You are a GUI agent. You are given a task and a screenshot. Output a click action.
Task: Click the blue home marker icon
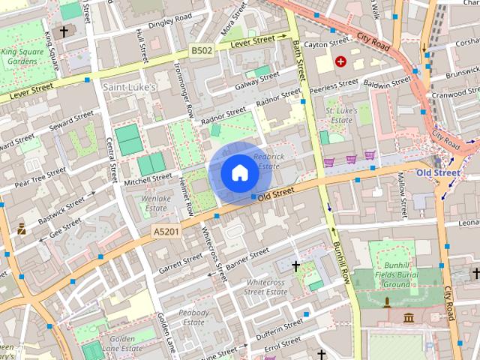239,172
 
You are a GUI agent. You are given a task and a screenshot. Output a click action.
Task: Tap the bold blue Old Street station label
438,173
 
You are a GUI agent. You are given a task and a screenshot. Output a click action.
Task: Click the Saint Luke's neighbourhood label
129,88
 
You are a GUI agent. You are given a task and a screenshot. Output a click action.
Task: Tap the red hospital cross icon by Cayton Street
342,61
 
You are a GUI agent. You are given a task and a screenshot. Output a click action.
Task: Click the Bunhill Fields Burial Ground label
396,278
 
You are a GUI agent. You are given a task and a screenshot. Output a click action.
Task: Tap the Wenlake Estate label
154,203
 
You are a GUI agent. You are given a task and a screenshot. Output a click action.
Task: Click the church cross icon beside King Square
64,31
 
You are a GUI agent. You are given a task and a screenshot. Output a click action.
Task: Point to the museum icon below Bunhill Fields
409,318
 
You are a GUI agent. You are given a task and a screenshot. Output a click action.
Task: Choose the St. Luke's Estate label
339,115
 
